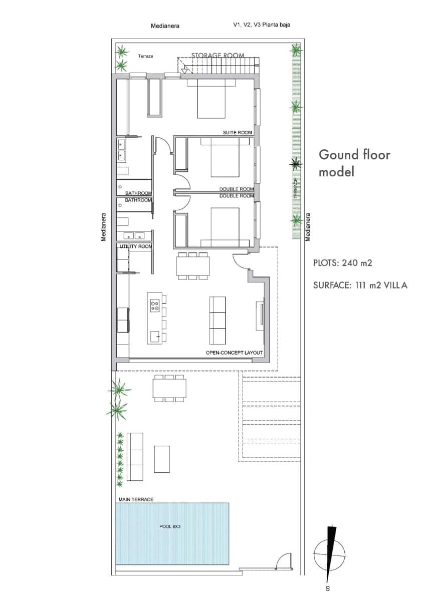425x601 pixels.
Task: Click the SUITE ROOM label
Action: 237,133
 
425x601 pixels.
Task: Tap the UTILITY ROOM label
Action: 135,247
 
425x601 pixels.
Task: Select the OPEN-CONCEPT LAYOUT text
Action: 234,353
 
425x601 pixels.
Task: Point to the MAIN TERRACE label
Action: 136,499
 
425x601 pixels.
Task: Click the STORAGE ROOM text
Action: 218,56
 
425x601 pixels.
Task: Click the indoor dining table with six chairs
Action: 192,266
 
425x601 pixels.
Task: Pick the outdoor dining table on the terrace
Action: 169,388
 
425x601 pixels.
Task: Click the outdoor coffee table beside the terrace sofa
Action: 161,459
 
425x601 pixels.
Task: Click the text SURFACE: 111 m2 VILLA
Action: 360,285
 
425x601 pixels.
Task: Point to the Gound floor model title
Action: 354,163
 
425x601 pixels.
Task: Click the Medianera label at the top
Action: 165,26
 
